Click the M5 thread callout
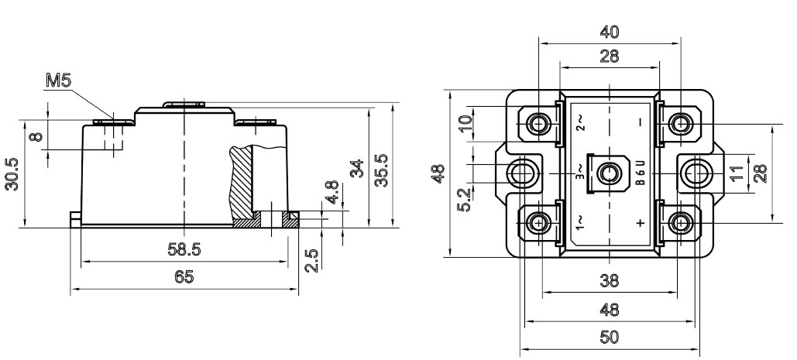[x=58, y=81]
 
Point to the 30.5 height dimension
[x=12, y=174]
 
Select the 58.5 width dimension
[x=184, y=249]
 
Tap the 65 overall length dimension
[x=184, y=276]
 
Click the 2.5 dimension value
[x=313, y=259]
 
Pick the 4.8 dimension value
[x=332, y=192]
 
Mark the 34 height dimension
[x=358, y=169]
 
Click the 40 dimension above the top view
[x=610, y=32]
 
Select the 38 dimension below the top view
[x=610, y=280]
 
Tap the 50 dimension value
[x=610, y=337]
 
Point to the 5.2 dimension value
[x=464, y=200]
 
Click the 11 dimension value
[x=740, y=173]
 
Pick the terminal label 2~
[x=580, y=123]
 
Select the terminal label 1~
[x=580, y=222]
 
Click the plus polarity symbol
[x=641, y=222]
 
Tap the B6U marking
[x=641, y=173]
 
